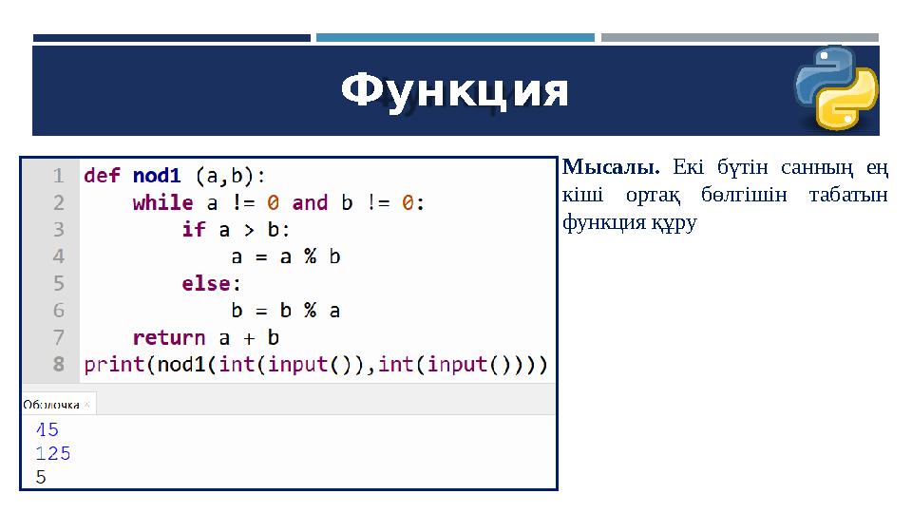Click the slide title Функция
(455, 92)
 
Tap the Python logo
(835, 87)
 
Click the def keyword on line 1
(102, 176)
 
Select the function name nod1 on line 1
(157, 176)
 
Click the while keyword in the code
(162, 202)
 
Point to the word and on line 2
(310, 202)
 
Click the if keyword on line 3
(193, 229)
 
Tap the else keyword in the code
(205, 283)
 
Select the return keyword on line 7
(169, 337)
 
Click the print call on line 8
(114, 364)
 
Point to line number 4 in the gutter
(59, 256)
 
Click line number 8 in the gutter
(59, 364)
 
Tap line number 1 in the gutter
(59, 176)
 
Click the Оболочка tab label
(51, 404)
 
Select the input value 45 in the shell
(47, 430)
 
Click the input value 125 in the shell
(53, 454)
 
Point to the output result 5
(41, 478)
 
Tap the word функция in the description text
(592, 222)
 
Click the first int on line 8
(231, 364)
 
